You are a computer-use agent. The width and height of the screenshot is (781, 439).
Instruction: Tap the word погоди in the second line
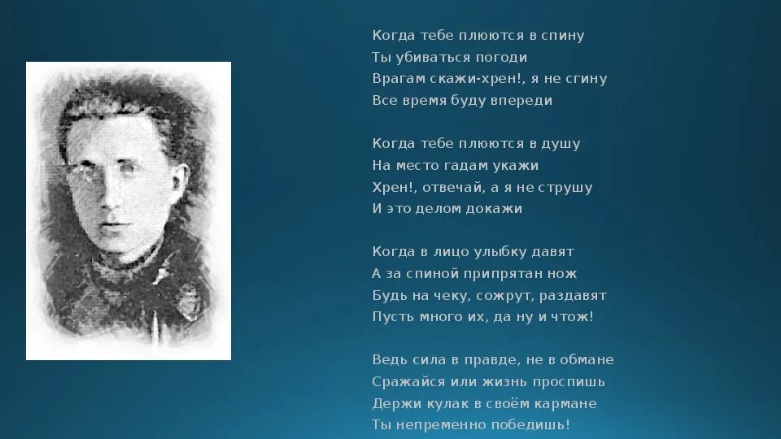(502, 59)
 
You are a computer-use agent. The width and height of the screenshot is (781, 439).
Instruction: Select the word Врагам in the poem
(395, 80)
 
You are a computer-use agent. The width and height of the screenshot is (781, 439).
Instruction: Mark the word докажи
(493, 209)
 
